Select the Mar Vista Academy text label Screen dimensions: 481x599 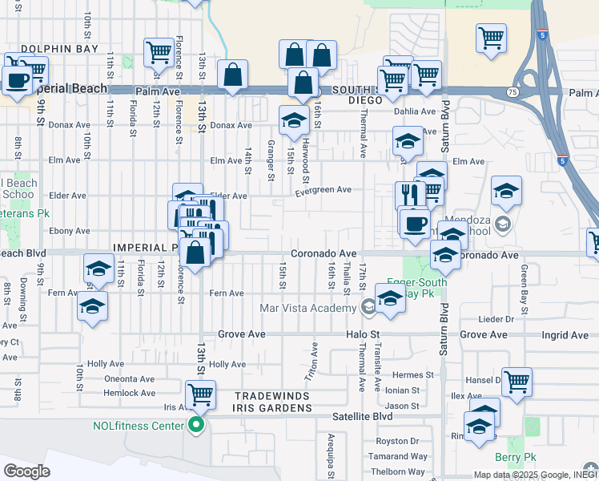pos(308,309)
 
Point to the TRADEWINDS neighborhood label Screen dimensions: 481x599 pos(272,396)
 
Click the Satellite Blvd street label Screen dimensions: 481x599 pos(364,417)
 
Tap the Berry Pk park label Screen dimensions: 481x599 pos(516,458)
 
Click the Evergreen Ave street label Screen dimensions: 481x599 pos(324,190)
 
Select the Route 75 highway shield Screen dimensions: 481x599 pos(512,93)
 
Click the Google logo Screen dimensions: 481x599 pos(26,471)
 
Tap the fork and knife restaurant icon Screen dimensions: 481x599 pos(410,195)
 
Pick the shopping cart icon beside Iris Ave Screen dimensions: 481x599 pos(200,394)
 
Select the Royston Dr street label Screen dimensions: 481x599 pos(398,441)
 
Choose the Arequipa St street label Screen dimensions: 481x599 pos(330,450)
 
